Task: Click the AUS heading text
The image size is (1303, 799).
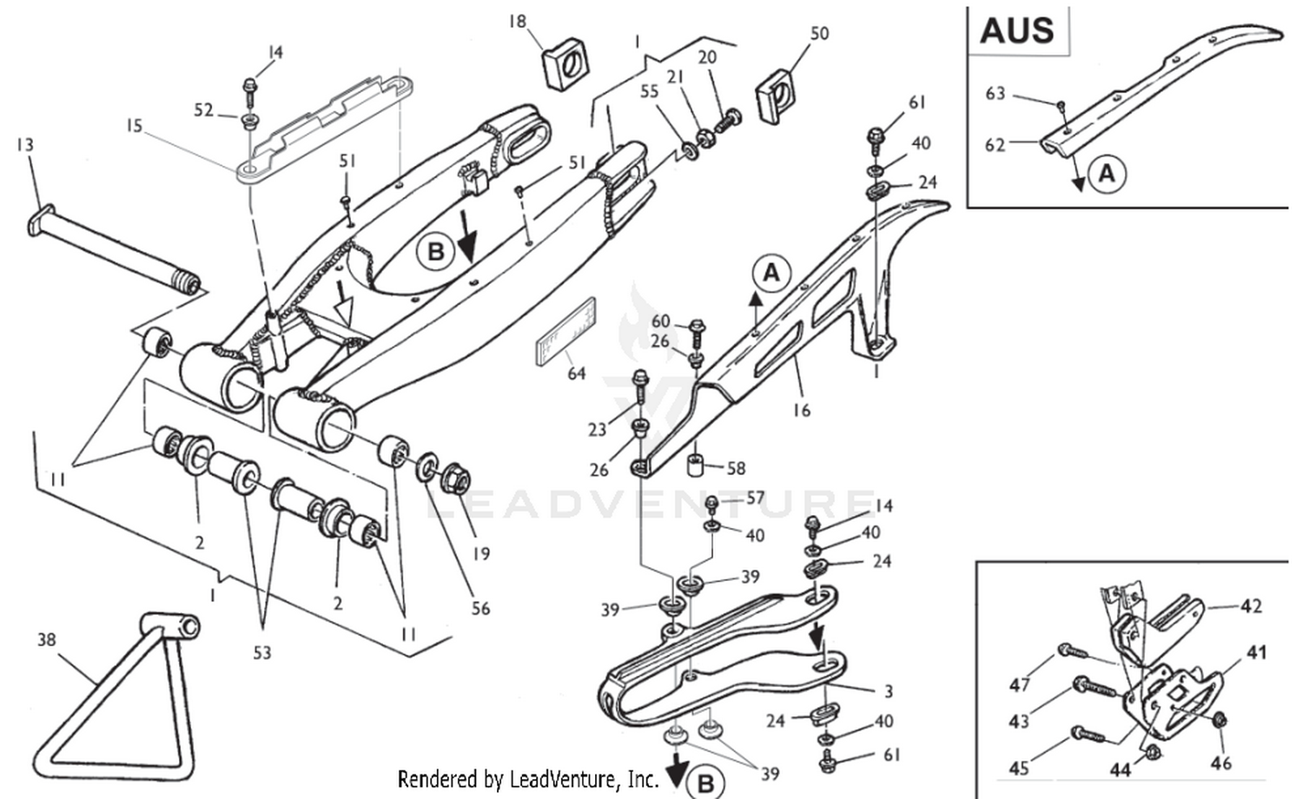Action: (1016, 30)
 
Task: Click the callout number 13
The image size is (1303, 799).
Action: (24, 143)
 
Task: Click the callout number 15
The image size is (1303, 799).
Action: (133, 126)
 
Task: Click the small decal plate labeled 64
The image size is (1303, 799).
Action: (564, 332)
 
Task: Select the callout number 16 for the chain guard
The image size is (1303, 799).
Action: (801, 409)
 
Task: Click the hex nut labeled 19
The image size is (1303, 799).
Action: (455, 478)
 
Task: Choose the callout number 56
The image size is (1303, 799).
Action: (480, 608)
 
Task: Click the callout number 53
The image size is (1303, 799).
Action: (261, 652)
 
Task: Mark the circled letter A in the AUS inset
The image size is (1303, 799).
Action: (1106, 173)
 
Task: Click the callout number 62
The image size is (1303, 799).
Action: (995, 144)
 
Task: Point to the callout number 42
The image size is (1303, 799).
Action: (1250, 605)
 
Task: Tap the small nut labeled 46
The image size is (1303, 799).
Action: (1219, 720)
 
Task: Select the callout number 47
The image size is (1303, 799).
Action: (1019, 685)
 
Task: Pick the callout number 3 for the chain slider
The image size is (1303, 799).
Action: (888, 691)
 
